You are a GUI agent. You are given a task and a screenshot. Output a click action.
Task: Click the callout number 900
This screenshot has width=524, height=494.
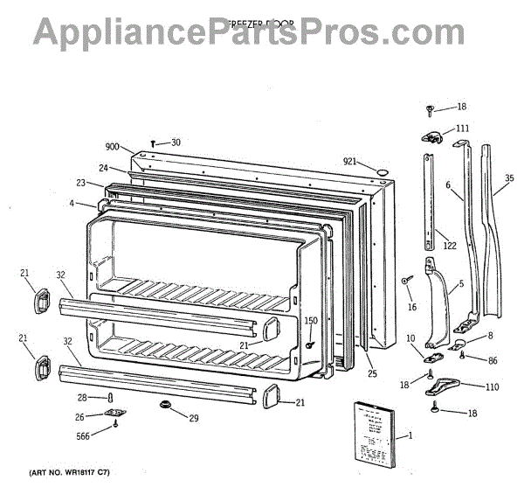[112, 148]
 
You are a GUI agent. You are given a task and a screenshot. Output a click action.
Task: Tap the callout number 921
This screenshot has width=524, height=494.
[350, 161]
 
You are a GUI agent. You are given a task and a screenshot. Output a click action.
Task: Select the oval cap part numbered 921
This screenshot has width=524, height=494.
[380, 167]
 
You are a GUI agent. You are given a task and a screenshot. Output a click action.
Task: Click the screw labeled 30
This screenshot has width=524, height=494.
[155, 143]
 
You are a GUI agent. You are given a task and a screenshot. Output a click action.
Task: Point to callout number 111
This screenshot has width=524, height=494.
[462, 129]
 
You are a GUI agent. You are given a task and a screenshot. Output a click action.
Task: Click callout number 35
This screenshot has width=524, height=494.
[510, 178]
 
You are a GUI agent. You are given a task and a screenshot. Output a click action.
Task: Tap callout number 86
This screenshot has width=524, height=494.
[493, 359]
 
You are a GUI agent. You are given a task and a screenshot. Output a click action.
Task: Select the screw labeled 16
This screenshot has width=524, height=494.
[406, 281]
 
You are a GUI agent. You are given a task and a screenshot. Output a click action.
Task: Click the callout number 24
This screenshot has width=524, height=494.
[103, 168]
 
